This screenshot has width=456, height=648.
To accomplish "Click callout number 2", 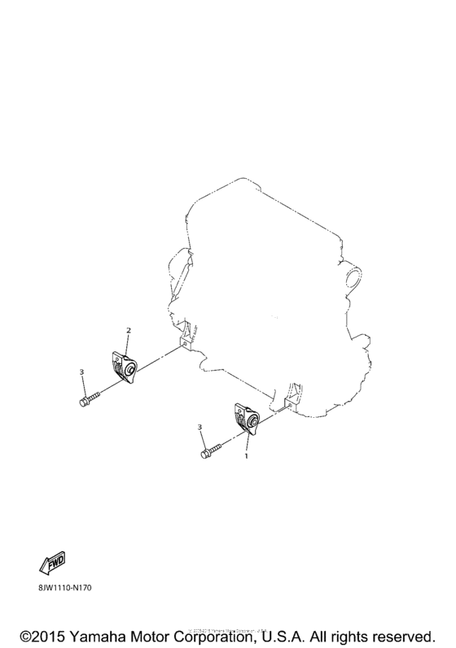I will click(128, 330).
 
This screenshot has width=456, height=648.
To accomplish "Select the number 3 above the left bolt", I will click(81, 372).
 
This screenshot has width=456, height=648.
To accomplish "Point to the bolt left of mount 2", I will click(89, 399).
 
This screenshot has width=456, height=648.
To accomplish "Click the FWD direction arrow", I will click(51, 562).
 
